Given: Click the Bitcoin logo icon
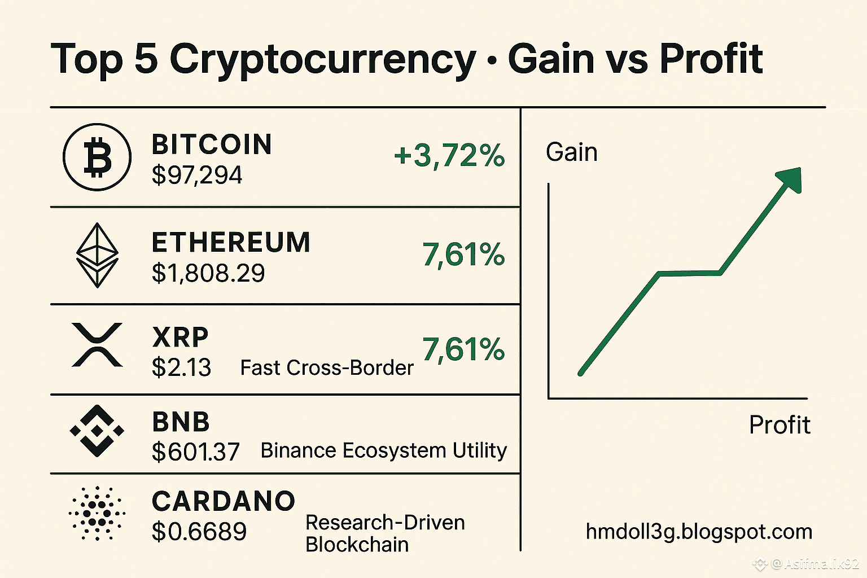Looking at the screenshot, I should click(x=97, y=157).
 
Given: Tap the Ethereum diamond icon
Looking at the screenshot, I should click(x=97, y=255).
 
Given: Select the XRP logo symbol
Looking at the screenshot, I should click(x=97, y=345).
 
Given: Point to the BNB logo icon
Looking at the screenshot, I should click(x=97, y=430).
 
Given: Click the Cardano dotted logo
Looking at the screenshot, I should click(x=97, y=513).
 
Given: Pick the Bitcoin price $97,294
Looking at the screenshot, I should click(x=197, y=175).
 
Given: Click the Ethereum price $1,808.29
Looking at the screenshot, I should click(x=208, y=273).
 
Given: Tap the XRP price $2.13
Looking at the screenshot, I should click(x=181, y=367).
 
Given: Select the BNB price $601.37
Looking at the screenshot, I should click(x=196, y=452).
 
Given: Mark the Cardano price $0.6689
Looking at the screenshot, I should click(x=199, y=531).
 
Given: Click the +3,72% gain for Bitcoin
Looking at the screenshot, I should click(x=449, y=155).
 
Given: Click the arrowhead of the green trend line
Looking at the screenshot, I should click(x=790, y=179).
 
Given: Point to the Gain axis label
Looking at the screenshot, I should click(x=571, y=152).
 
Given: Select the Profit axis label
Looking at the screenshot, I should click(x=780, y=424).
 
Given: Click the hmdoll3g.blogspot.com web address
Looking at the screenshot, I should click(x=699, y=532).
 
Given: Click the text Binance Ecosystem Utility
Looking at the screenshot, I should click(x=383, y=450).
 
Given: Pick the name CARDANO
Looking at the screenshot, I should click(x=224, y=501).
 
